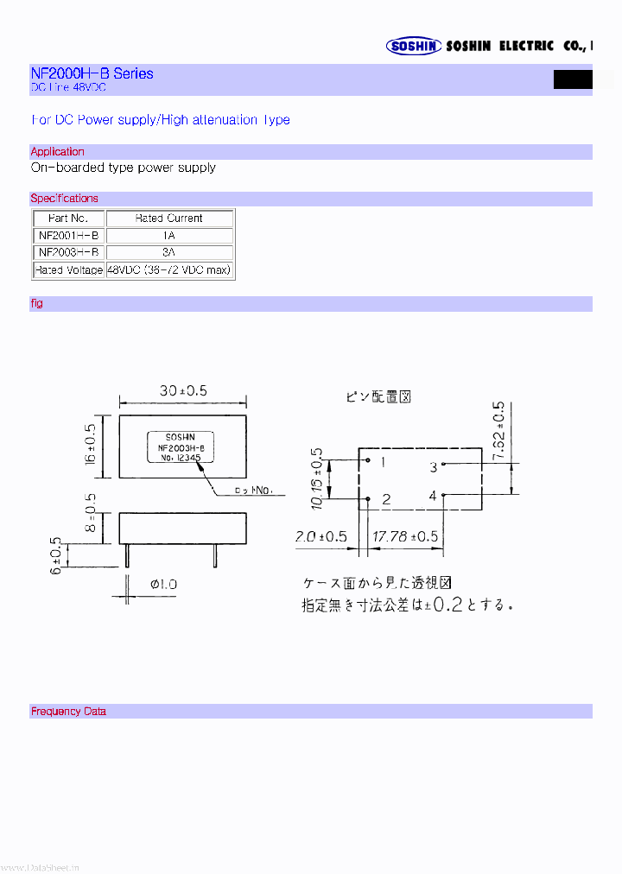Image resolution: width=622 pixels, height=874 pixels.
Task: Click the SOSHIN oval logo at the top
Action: pyautogui.click(x=414, y=47)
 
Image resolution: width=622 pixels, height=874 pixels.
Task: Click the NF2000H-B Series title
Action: pyautogui.click(x=92, y=73)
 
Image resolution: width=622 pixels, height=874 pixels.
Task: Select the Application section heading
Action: pyautogui.click(x=58, y=152)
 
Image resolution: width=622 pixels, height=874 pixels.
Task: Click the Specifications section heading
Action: pyautogui.click(x=65, y=199)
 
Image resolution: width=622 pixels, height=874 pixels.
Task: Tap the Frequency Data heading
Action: pyautogui.click(x=68, y=712)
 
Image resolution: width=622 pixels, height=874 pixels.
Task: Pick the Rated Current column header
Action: pyautogui.click(x=169, y=218)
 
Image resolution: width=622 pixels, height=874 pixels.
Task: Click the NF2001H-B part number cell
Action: pyautogui.click(x=69, y=236)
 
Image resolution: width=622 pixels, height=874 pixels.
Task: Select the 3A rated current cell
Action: pyautogui.click(x=169, y=253)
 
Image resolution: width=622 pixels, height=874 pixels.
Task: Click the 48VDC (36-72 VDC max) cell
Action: pyautogui.click(x=169, y=270)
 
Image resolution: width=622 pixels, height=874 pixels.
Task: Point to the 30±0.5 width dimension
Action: pyautogui.click(x=183, y=390)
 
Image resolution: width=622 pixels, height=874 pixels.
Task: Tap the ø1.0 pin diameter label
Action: pyautogui.click(x=163, y=585)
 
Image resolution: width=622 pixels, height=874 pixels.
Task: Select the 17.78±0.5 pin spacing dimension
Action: pyautogui.click(x=405, y=537)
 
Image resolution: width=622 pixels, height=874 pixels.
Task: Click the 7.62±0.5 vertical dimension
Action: pyautogui.click(x=498, y=432)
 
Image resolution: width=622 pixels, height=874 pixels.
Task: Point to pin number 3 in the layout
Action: pyautogui.click(x=434, y=467)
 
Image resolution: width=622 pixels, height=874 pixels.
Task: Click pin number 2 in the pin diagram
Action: pyautogui.click(x=385, y=499)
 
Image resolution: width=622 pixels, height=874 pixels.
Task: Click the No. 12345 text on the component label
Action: pyautogui.click(x=181, y=459)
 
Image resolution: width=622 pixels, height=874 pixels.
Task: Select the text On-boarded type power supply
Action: pyautogui.click(x=124, y=168)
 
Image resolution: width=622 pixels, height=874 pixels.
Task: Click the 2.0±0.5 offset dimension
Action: pyautogui.click(x=321, y=537)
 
